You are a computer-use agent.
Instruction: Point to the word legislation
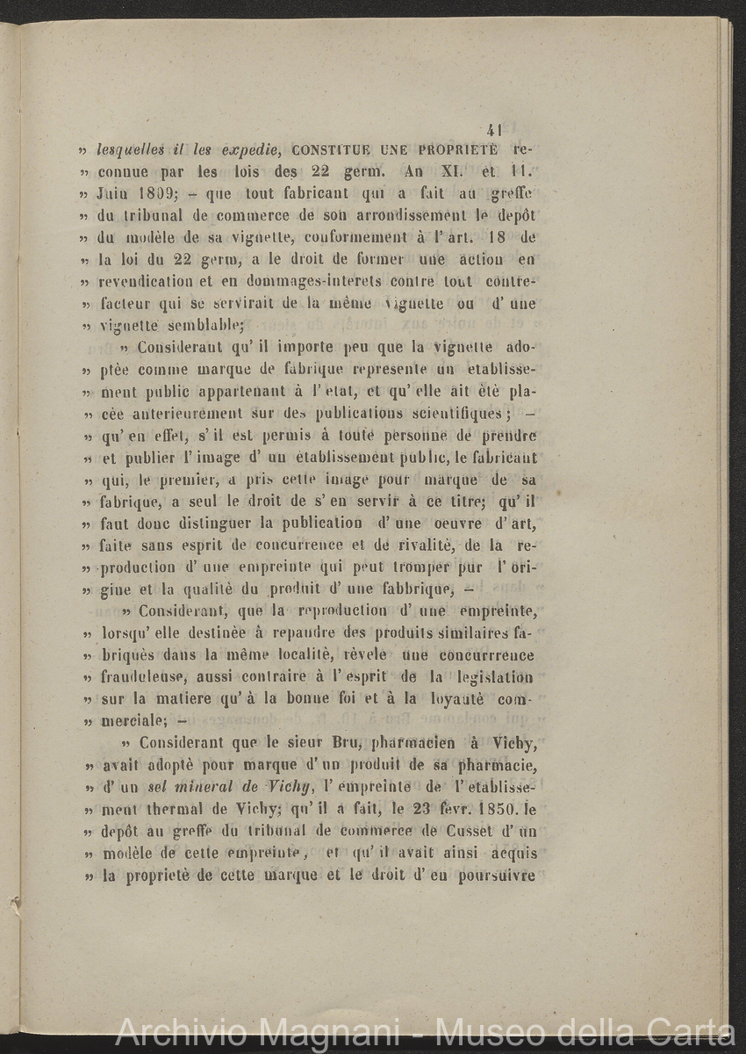coord(492,677)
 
